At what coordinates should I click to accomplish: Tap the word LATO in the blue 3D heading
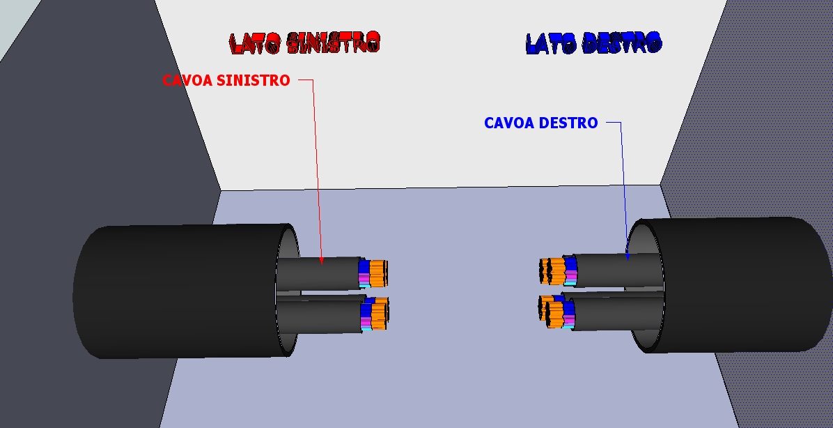coord(550,44)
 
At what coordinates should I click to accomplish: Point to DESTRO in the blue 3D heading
coord(621,43)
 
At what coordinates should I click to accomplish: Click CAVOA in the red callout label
coord(187,81)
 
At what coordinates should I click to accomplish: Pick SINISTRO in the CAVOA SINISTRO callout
coord(253,81)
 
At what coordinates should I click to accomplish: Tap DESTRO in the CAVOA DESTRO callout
coord(570,123)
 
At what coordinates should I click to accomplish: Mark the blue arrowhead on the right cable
coord(627,257)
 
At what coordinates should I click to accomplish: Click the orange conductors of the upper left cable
coord(377,274)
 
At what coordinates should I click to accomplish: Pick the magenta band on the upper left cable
coord(364,280)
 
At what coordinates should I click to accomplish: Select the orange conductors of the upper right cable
coord(553,270)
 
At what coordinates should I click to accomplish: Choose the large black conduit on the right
coord(738,286)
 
